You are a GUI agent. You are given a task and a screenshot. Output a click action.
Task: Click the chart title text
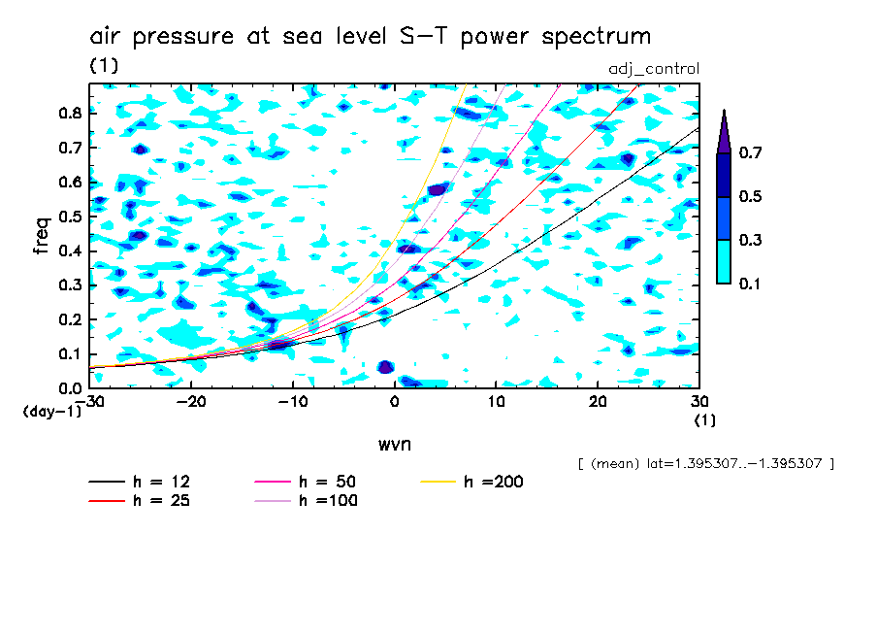pos(370,37)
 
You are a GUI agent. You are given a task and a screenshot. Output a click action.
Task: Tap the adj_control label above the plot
pos(653,68)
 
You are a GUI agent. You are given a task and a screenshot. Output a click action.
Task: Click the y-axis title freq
pos(41,235)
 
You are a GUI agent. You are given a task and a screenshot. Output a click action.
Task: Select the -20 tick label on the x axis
pos(191,401)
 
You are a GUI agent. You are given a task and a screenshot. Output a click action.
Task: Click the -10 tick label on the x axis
pos(292,401)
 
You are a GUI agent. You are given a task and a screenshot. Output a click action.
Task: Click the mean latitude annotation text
pos(705,463)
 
